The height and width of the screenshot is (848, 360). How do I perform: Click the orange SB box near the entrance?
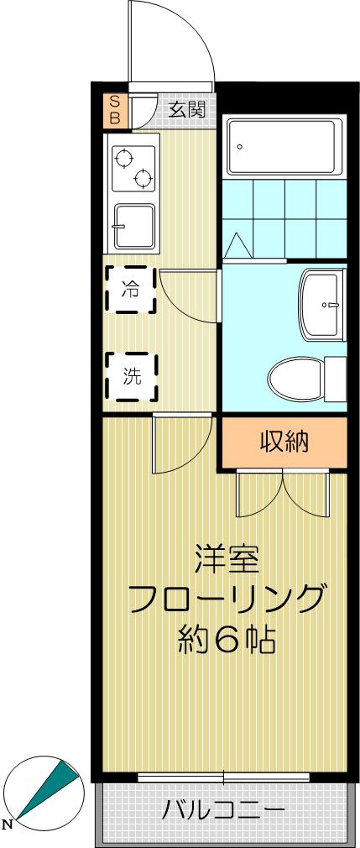(x=115, y=110)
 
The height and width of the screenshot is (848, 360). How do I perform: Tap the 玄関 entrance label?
(x=185, y=109)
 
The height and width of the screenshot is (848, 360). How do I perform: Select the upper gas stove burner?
(x=124, y=157)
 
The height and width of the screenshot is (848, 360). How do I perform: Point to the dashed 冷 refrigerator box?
(x=130, y=290)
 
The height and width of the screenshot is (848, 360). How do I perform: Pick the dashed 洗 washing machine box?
(x=130, y=376)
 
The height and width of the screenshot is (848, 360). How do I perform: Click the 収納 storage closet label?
(x=284, y=441)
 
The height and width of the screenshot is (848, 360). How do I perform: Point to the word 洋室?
(x=226, y=558)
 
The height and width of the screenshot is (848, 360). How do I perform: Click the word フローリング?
(x=226, y=599)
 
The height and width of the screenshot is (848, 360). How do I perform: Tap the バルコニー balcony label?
(x=223, y=811)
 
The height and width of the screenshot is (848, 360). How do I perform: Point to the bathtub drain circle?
(x=239, y=147)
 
